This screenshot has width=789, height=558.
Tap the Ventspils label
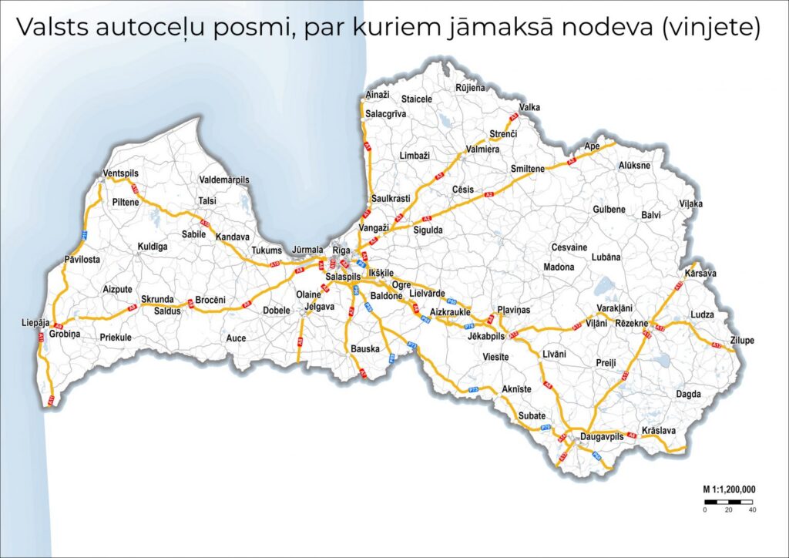click(x=121, y=173)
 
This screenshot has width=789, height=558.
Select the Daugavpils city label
click(x=601, y=437)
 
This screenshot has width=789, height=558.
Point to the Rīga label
click(x=341, y=250)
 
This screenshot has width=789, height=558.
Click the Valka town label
click(x=530, y=108)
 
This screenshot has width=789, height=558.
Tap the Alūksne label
click(x=634, y=166)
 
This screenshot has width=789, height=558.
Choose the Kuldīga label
click(x=152, y=247)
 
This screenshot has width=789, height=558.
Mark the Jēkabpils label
click(x=485, y=337)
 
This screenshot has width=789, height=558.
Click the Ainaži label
click(x=378, y=94)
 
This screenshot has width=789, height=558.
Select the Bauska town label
click(x=365, y=349)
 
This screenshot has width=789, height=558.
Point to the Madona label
click(x=559, y=267)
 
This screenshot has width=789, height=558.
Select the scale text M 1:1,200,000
click(x=728, y=489)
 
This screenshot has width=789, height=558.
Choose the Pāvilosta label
click(x=82, y=260)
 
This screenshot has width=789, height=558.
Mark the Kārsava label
click(x=700, y=274)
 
